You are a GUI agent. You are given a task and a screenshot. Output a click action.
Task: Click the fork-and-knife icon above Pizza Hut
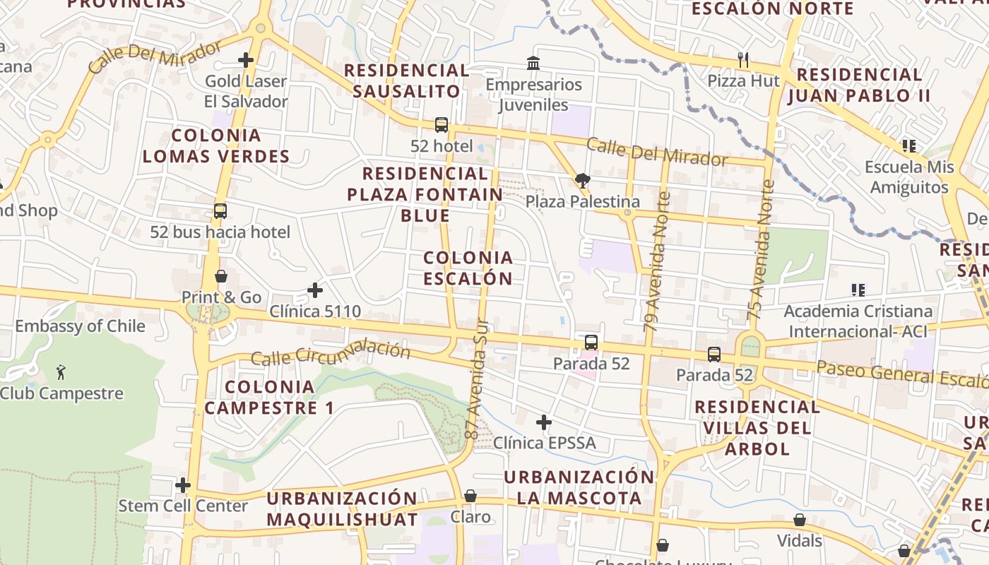pyautogui.click(x=742, y=60)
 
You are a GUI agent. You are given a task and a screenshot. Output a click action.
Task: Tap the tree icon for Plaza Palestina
pyautogui.click(x=583, y=181)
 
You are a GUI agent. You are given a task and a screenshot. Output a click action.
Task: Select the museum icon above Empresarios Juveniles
pyautogui.click(x=533, y=64)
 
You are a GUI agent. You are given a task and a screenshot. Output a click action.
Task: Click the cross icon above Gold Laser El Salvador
pyautogui.click(x=246, y=60)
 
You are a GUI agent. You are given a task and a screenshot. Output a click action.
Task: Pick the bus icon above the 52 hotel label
pyautogui.click(x=442, y=125)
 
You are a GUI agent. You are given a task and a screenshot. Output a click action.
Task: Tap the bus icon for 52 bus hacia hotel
pyautogui.click(x=220, y=210)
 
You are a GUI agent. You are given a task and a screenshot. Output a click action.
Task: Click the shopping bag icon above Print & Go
pyautogui.click(x=221, y=276)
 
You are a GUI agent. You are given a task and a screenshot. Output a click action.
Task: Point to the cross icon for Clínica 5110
pyautogui.click(x=315, y=290)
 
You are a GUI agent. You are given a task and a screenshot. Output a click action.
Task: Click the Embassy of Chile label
pyautogui.click(x=80, y=326)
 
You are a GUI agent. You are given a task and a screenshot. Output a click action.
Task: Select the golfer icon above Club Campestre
pyautogui.click(x=61, y=371)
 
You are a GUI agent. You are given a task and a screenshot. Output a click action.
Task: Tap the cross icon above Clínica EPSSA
pyautogui.click(x=543, y=422)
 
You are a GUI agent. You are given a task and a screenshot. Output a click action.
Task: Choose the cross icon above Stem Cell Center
pyautogui.click(x=183, y=485)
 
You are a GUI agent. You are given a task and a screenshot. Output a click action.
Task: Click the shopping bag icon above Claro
pyautogui.click(x=470, y=496)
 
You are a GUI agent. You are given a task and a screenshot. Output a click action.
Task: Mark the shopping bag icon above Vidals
pyautogui.click(x=800, y=520)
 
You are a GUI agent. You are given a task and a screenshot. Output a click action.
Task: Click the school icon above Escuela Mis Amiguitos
pyautogui.click(x=909, y=146)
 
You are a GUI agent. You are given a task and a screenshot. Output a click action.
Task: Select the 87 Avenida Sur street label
pyautogui.click(x=478, y=378)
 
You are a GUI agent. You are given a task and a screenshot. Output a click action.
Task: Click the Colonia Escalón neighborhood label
pyautogui.click(x=468, y=268)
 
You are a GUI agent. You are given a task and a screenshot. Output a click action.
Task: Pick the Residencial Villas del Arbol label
pyautogui.click(x=757, y=427)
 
